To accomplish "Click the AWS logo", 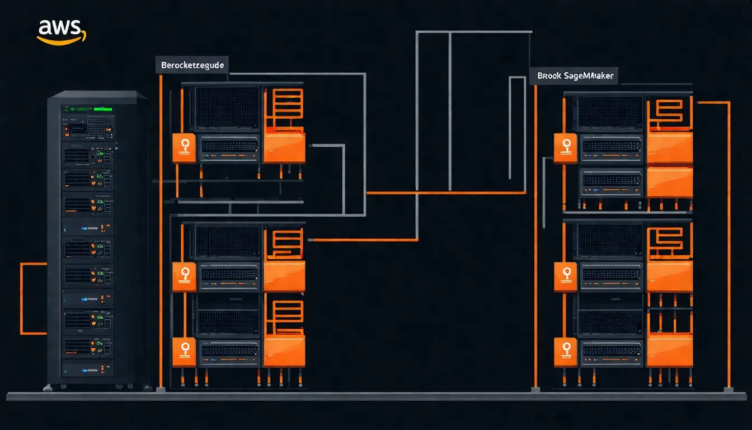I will tap(62, 31).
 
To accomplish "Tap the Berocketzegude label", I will tap(192, 66).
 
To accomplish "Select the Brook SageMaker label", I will tap(573, 76).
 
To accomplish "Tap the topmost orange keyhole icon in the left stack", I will tap(184, 147).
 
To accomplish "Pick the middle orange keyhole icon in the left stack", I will tap(184, 276).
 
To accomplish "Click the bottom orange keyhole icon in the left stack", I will tap(184, 351).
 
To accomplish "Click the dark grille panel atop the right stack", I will tap(610, 112).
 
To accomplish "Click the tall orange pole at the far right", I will tap(728, 246).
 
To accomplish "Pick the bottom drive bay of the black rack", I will tap(88, 368).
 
